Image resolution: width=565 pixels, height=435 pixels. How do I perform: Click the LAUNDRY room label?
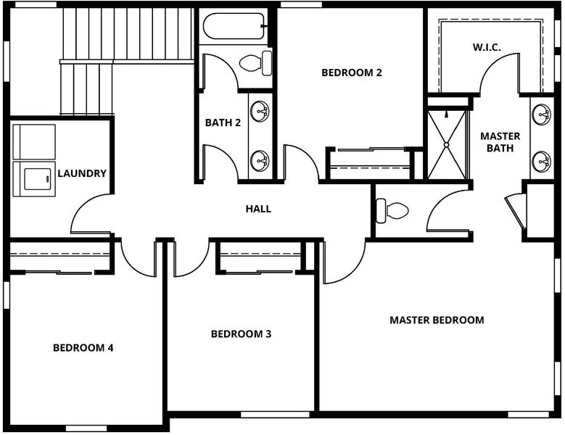point(82,173)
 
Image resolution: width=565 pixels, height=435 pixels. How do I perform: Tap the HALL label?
point(258,209)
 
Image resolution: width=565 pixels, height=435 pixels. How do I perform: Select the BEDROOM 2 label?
point(351,72)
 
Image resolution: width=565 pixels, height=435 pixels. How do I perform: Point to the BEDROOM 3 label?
point(241,333)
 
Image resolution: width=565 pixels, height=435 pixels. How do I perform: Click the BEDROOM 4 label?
point(83,347)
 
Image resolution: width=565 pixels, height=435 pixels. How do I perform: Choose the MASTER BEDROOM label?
point(437,320)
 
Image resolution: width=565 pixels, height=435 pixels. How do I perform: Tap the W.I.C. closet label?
point(487,47)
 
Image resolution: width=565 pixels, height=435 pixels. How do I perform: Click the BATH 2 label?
point(223,123)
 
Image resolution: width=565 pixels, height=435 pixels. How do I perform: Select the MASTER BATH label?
point(500,142)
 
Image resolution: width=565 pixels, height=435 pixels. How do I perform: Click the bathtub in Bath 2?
point(234,26)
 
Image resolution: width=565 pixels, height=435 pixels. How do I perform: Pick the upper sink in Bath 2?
point(260,112)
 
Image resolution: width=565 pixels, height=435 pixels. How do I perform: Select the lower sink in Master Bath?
point(542,162)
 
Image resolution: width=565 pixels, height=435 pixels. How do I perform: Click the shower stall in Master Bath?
point(447,145)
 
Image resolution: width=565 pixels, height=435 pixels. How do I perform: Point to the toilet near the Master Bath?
point(392,211)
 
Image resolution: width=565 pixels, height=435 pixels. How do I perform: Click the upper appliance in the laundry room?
point(34,142)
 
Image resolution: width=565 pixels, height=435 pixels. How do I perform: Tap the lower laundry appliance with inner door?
point(34,179)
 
